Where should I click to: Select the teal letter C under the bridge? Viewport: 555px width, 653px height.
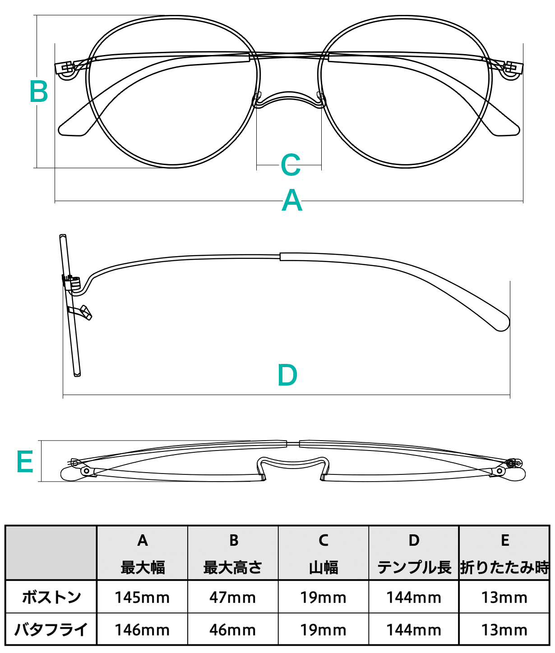tap(290, 165)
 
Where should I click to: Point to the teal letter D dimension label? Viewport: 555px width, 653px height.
tap(287, 375)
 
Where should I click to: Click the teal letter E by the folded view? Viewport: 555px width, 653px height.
tap(25, 461)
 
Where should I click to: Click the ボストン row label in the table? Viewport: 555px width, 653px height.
tap(51, 597)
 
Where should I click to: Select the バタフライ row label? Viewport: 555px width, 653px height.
tap(51, 629)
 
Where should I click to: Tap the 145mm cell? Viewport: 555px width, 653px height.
tap(142, 598)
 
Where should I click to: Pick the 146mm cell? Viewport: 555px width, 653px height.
tap(142, 630)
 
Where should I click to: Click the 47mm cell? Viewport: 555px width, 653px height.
tap(232, 598)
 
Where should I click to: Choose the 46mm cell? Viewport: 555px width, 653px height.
tap(232, 630)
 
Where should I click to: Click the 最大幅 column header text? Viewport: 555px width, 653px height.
tap(143, 567)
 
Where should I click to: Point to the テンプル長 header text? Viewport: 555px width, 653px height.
tap(414, 567)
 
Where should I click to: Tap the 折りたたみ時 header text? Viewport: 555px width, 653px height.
tap(504, 567)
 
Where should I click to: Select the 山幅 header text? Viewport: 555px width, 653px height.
tap(324, 567)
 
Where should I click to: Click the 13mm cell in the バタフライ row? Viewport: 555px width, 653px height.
tap(504, 630)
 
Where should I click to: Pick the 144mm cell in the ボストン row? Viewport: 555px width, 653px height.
tap(414, 598)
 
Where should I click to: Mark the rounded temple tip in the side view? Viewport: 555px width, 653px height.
tap(502, 323)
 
